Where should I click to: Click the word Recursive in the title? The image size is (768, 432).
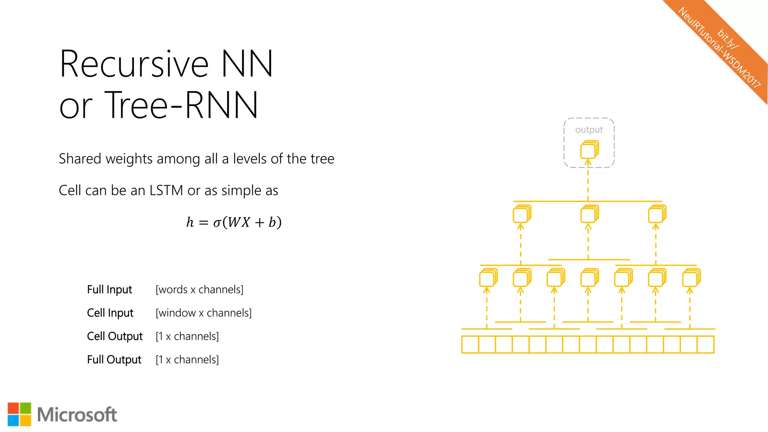133,64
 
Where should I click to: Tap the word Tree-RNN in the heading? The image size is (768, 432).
181,105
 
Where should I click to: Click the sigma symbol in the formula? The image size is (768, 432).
217,223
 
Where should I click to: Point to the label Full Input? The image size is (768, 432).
109,289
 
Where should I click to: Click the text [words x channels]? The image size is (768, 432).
199,289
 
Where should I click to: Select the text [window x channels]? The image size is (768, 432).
204,313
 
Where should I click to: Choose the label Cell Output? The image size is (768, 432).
115,336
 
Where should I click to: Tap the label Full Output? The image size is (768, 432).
114,360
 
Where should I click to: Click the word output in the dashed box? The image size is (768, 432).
589,130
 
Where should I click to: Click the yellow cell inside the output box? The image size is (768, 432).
589,150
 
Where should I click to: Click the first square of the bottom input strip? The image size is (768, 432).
470,345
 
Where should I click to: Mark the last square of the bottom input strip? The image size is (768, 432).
705,345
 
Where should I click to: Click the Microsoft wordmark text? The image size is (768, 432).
77,415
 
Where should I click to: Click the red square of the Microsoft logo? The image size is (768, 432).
13,408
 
